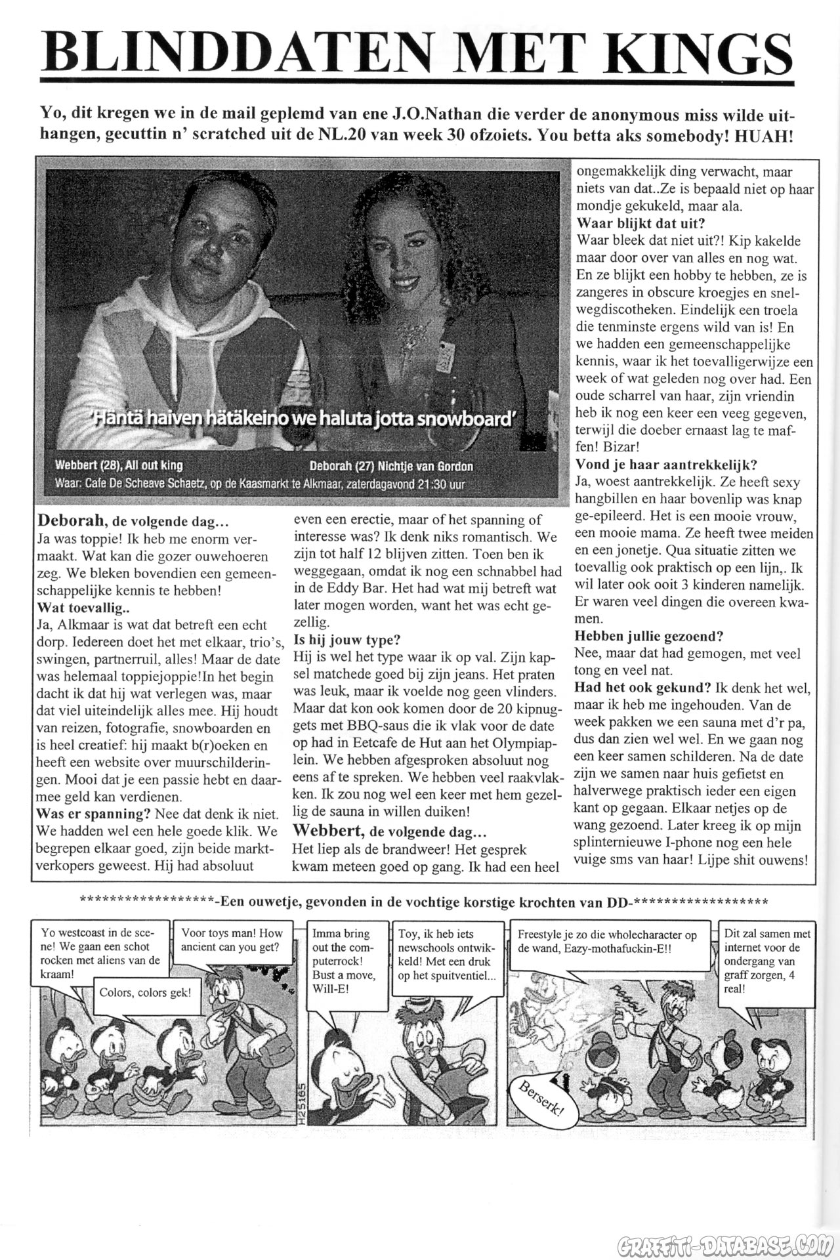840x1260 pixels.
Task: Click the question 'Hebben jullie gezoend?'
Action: (649, 636)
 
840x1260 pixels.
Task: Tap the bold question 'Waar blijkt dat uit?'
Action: (640, 223)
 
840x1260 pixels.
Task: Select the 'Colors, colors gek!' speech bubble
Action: (145, 992)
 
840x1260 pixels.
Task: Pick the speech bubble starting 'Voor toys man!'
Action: (232, 940)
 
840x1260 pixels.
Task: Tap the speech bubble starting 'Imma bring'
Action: (346, 961)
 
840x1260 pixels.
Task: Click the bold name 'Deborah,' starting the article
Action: (71, 521)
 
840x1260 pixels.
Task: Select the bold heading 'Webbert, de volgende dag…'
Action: (389, 832)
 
